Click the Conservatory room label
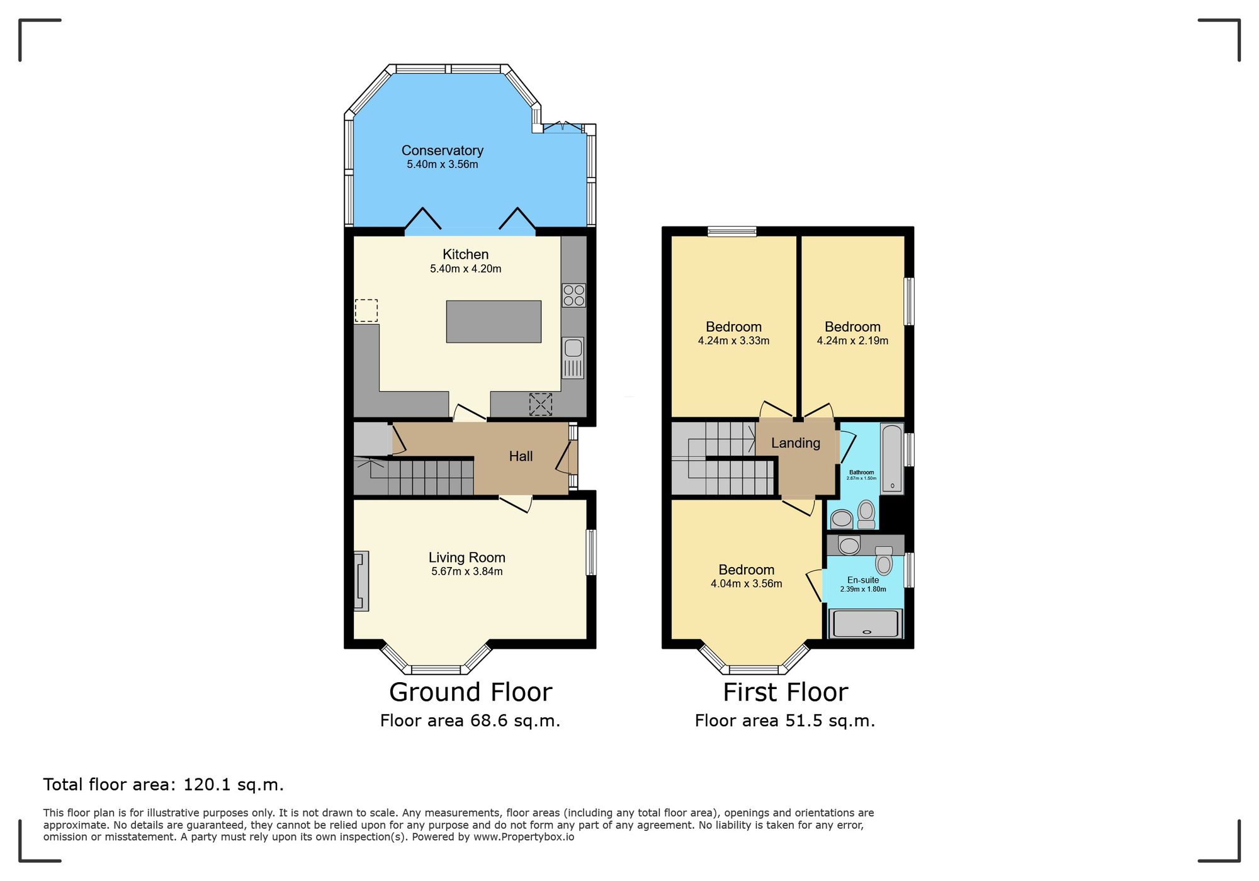click(442, 150)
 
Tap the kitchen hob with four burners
click(573, 296)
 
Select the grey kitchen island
click(494, 322)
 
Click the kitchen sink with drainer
click(573, 357)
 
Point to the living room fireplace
click(361, 581)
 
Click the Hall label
click(521, 456)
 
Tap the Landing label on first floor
click(795, 443)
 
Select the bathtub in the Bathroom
click(891, 457)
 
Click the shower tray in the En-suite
click(866, 624)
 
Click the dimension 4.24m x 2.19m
click(852, 341)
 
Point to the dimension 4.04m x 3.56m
click(746, 584)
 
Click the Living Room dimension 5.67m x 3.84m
click(466, 572)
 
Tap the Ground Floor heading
click(470, 692)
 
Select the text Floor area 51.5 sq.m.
click(784, 721)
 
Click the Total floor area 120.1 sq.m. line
click(163, 785)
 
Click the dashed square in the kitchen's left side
click(366, 311)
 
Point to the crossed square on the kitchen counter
click(540, 404)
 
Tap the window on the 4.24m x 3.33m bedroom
click(731, 232)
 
